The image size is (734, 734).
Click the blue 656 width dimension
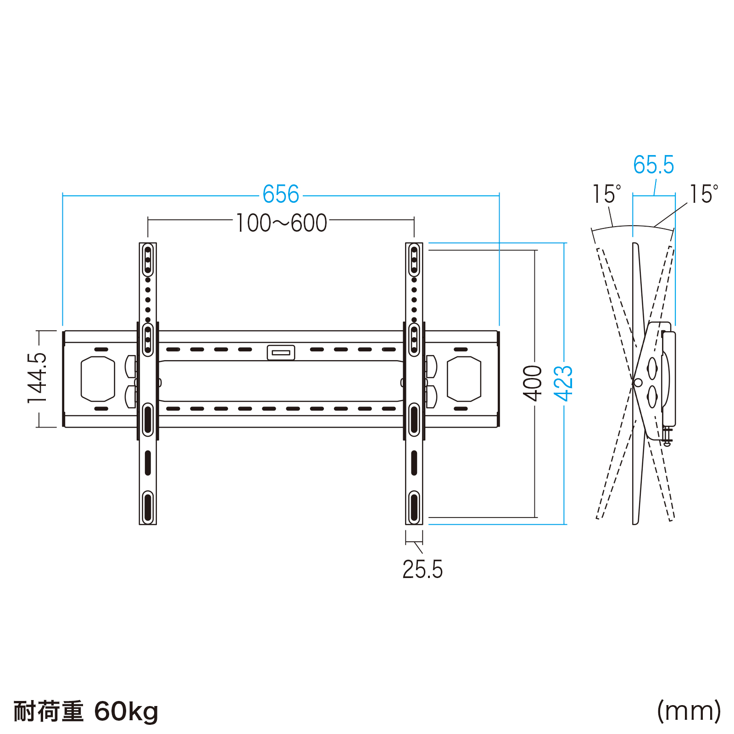281,195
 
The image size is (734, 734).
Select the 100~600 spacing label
281,223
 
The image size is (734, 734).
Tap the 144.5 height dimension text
38,378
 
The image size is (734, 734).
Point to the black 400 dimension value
533,383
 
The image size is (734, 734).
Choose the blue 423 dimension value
563,383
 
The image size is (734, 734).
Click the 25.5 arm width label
423,570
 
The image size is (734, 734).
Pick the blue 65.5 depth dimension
653,165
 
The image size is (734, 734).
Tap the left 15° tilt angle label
606,194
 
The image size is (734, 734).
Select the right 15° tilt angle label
704,194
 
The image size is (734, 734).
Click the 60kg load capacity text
126,712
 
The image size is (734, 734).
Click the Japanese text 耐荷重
48,712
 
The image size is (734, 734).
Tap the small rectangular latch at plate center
281,352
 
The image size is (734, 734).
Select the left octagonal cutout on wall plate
98,379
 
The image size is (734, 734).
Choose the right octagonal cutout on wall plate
464,379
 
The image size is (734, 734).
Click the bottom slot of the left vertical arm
148,507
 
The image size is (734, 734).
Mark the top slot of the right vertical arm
414,260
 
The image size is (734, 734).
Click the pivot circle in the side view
637,382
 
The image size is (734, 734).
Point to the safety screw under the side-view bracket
667,437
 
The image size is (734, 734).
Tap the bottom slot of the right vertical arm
414,507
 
